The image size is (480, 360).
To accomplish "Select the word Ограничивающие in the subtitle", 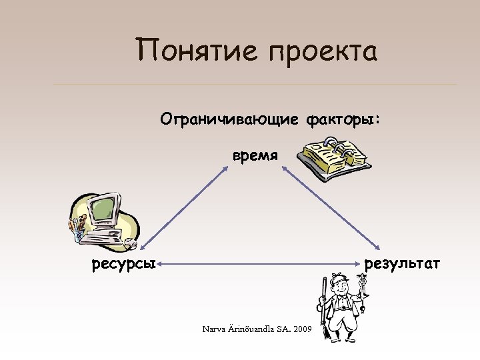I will tap(230, 119).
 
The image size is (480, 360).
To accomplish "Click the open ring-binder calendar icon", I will tap(333, 155).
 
